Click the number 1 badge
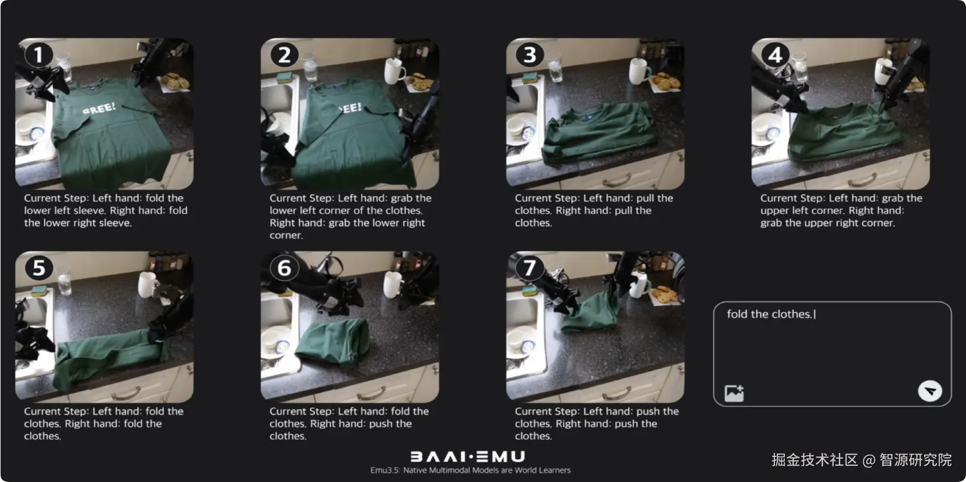[38, 55]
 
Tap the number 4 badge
[775, 55]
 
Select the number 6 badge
[284, 268]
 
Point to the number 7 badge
[529, 268]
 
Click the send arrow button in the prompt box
[930, 391]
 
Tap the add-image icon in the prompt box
[734, 393]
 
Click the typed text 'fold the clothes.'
[769, 314]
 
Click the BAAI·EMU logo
[467, 456]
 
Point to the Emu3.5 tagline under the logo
[470, 470]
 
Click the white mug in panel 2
[394, 70]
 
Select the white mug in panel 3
[639, 71]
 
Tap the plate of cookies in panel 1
[175, 82]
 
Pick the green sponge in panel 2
[284, 78]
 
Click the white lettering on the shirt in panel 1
[99, 108]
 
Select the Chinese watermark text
[861, 460]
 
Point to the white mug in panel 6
[392, 285]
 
